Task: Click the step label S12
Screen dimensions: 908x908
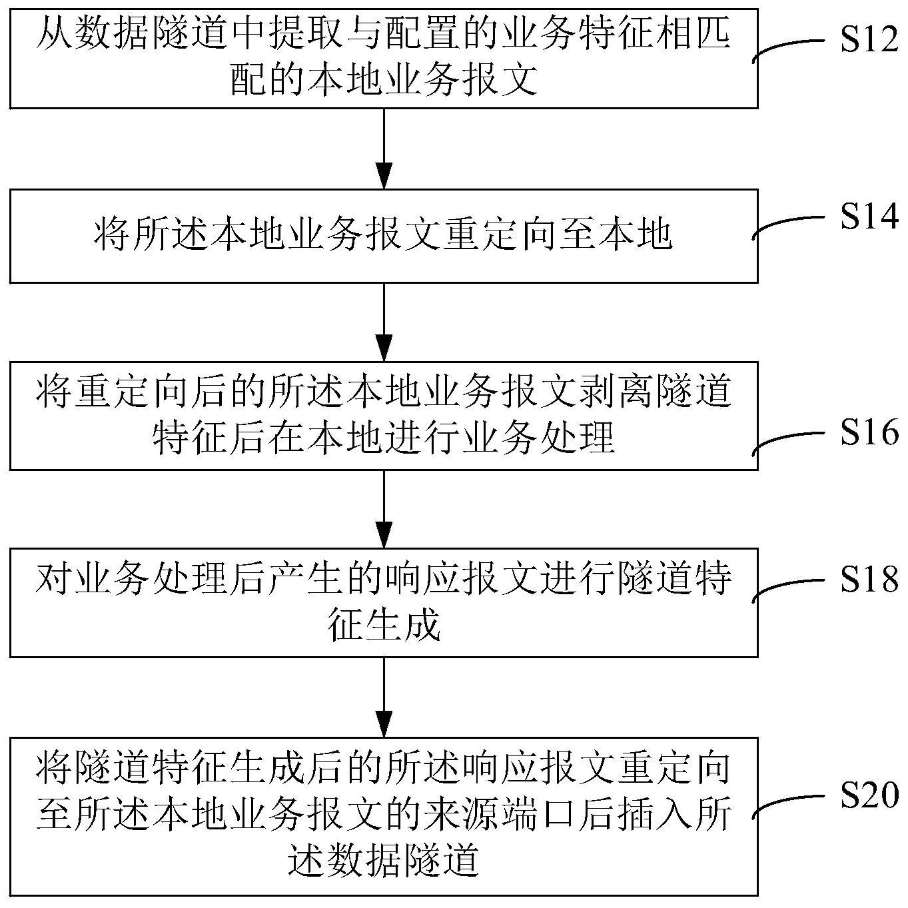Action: tap(869, 39)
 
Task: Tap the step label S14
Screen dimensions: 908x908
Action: tap(869, 217)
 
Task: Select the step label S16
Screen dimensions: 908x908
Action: tap(869, 432)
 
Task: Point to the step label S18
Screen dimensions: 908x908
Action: tap(869, 579)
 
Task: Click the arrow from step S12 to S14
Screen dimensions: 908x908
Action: tap(384, 149)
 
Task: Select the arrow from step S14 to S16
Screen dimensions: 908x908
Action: tap(384, 322)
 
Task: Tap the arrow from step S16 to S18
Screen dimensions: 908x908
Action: tap(384, 509)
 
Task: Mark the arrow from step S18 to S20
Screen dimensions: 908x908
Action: tap(384, 697)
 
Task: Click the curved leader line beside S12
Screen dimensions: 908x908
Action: tap(788, 47)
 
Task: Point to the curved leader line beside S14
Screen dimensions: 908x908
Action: tap(788, 225)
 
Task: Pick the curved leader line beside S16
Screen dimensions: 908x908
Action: tap(788, 440)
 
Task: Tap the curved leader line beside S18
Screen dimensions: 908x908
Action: tap(788, 587)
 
